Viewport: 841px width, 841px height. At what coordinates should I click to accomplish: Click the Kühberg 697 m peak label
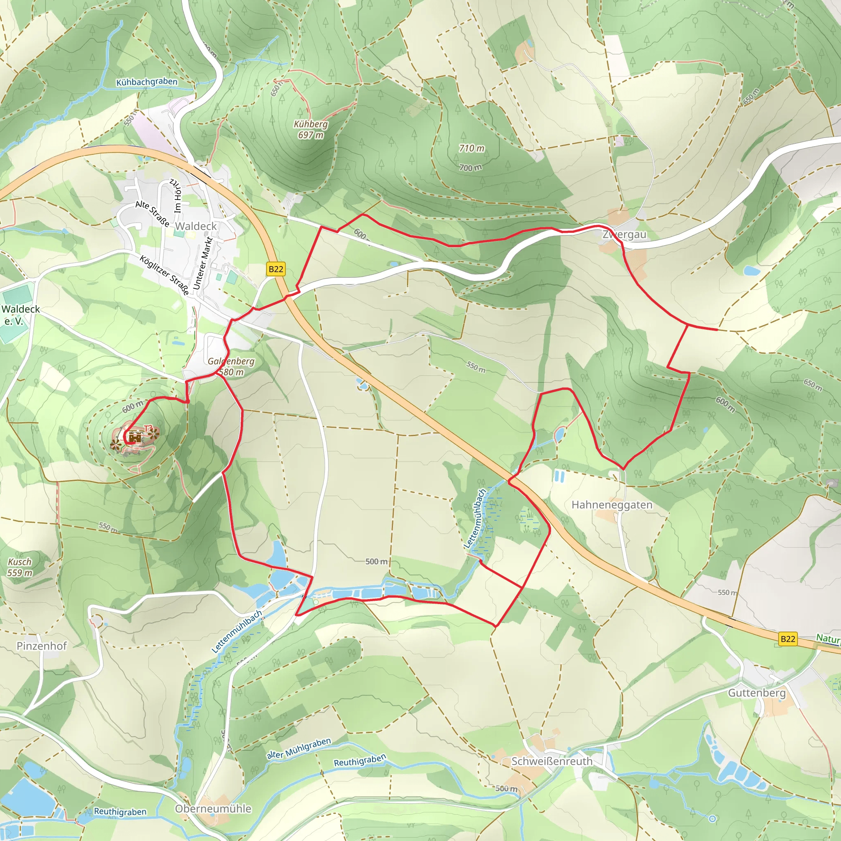pyautogui.click(x=310, y=129)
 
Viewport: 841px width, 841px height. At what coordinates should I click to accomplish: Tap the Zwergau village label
pyautogui.click(x=624, y=234)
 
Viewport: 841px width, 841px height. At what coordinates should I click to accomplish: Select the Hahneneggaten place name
pyautogui.click(x=611, y=505)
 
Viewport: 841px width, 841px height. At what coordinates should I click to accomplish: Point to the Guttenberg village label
pyautogui.click(x=757, y=693)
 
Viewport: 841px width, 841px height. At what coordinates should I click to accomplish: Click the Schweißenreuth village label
pyautogui.click(x=551, y=761)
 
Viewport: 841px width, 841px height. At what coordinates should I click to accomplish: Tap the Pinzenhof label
pyautogui.click(x=42, y=646)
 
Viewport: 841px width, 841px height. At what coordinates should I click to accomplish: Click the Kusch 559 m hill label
pyautogui.click(x=20, y=567)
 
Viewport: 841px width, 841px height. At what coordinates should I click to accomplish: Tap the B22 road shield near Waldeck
pyautogui.click(x=276, y=269)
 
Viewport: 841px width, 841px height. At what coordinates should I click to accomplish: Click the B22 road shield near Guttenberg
pyautogui.click(x=788, y=639)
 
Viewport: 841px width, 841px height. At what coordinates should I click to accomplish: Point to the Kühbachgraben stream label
pyautogui.click(x=147, y=82)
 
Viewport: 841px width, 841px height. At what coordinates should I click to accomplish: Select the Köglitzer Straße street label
pyautogui.click(x=165, y=275)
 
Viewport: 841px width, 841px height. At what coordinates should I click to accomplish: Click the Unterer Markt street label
pyautogui.click(x=202, y=263)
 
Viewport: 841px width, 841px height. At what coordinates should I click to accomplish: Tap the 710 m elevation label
pyautogui.click(x=471, y=148)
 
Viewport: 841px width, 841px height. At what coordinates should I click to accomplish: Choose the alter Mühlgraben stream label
pyautogui.click(x=299, y=748)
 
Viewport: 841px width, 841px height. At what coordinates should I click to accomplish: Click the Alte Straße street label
pyautogui.click(x=152, y=213)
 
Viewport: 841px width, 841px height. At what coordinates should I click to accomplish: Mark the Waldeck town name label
pyautogui.click(x=196, y=226)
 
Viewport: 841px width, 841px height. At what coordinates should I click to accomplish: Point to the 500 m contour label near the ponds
pyautogui.click(x=376, y=561)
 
